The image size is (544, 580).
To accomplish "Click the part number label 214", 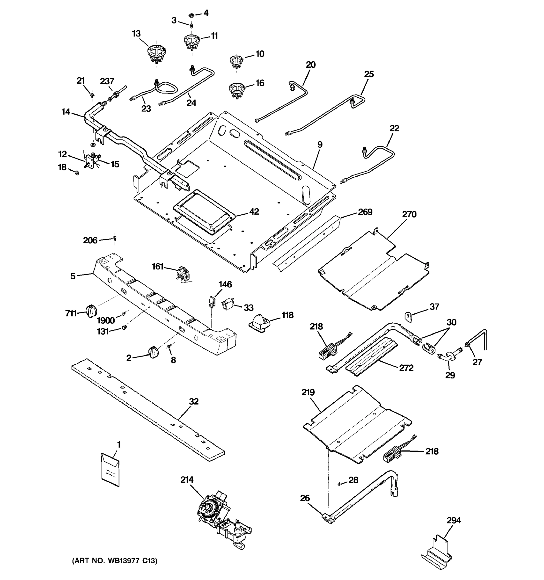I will pos(187,480).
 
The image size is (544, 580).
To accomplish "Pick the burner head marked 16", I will pos(237,90).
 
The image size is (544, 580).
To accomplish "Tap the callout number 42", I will pos(254,211).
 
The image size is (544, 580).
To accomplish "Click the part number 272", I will pos(406,368).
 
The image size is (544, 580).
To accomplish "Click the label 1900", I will pos(106,321).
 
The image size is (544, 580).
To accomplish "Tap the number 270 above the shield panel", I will pos(409,214).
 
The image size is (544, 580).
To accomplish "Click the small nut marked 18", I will pos(77,173).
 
